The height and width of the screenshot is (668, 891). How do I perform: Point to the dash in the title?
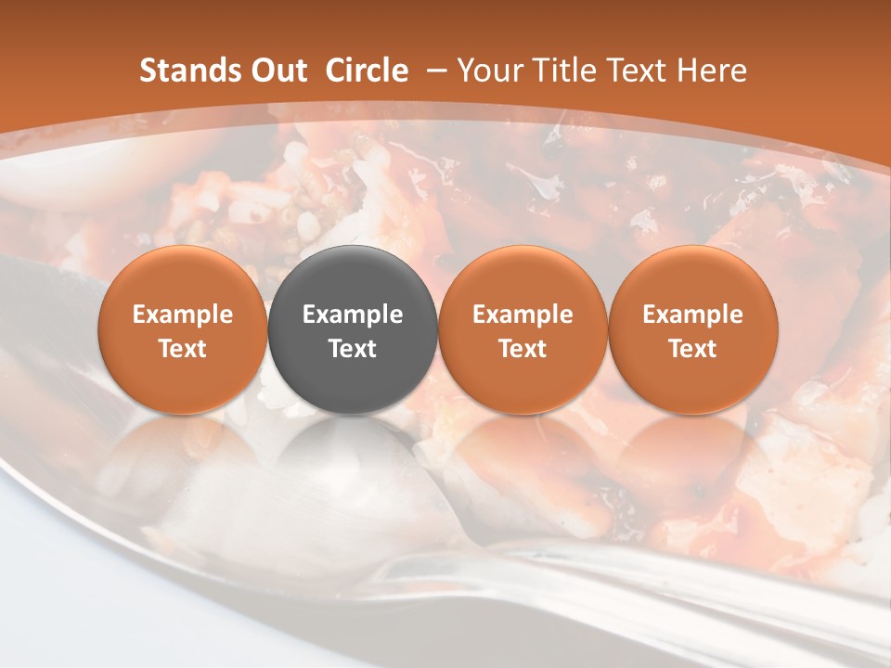(x=433, y=71)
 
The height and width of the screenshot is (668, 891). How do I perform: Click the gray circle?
(x=352, y=329)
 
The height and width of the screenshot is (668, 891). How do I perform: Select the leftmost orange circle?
(x=182, y=329)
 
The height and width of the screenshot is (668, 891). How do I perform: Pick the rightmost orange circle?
(x=692, y=329)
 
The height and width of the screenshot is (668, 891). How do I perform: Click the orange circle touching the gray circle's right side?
(x=523, y=329)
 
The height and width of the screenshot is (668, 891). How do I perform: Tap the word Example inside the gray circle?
(x=353, y=315)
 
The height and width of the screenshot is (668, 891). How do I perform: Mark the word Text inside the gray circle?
(x=353, y=349)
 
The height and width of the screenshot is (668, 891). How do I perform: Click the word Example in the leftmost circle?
(x=183, y=315)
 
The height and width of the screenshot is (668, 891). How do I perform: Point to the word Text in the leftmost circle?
(x=183, y=349)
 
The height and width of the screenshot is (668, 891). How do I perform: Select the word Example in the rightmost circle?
(x=693, y=315)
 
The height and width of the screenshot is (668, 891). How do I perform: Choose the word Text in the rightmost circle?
(x=693, y=349)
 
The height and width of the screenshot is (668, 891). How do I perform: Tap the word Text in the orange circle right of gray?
(x=523, y=349)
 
